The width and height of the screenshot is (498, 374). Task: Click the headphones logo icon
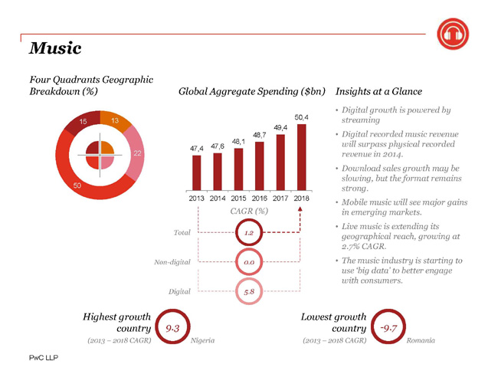click(453, 34)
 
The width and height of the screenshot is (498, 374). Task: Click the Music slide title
click(55, 48)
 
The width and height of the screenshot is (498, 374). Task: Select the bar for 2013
click(197, 173)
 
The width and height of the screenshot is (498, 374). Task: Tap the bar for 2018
click(301, 157)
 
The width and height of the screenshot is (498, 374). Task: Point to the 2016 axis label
click(260, 198)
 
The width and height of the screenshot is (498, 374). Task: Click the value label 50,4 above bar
click(301, 117)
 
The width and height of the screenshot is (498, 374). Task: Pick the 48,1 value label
click(238, 142)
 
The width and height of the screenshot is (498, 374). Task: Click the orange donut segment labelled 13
click(114, 120)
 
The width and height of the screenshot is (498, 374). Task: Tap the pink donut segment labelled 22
click(136, 153)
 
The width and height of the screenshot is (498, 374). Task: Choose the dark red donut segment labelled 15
click(84, 121)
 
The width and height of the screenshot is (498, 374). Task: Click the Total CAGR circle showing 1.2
click(249, 233)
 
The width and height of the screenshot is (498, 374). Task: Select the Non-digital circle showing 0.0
click(249, 262)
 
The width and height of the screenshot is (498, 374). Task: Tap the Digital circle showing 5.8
click(249, 291)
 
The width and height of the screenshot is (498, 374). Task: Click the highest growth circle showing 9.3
click(172, 326)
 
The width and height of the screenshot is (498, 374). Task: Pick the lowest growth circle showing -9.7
click(388, 326)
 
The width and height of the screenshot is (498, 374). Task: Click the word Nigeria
click(202, 340)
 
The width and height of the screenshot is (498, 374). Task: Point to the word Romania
click(421, 340)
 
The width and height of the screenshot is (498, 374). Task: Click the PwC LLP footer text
click(44, 358)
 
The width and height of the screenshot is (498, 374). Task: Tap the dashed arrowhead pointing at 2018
click(300, 209)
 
